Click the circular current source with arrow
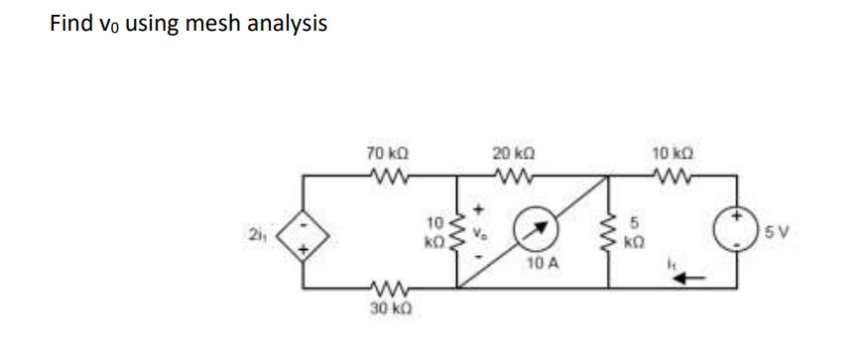pyautogui.click(x=534, y=232)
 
